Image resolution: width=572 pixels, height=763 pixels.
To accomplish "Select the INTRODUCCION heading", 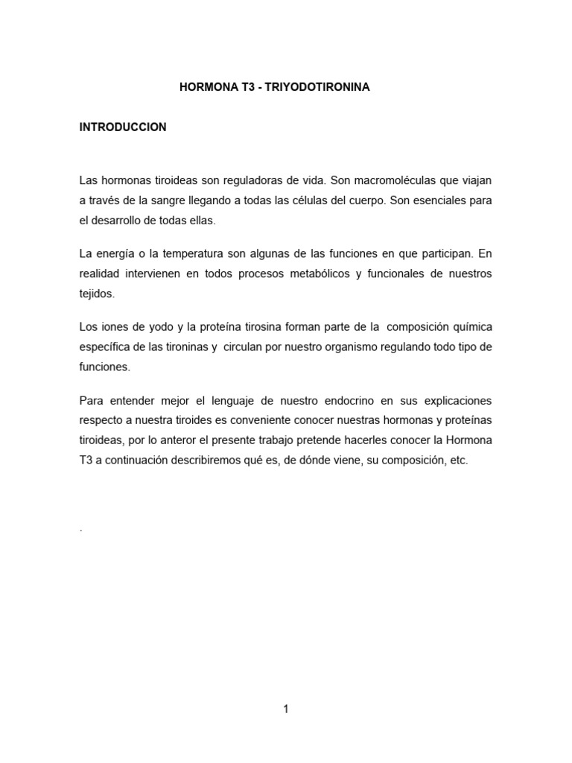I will tap(123, 127).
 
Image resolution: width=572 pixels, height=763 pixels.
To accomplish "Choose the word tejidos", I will tap(97, 294).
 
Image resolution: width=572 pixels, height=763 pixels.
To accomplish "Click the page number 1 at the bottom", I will tap(285, 709).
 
